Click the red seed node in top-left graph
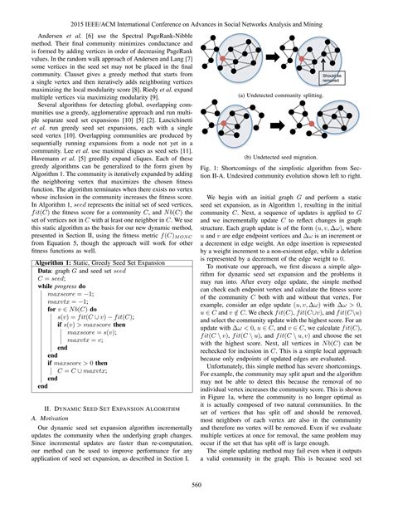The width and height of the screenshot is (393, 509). click(239, 47)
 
